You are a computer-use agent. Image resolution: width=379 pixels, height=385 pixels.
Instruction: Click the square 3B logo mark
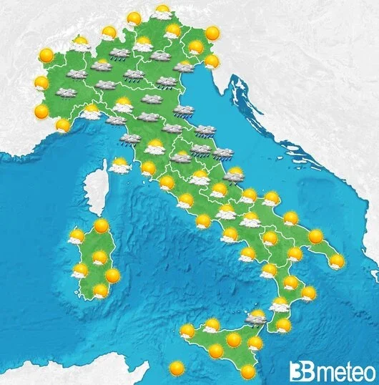pos(299,371)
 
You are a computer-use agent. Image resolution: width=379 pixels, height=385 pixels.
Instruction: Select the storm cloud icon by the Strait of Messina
pos(255,317)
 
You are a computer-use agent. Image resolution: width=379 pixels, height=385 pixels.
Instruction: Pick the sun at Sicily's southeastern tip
pos(247,371)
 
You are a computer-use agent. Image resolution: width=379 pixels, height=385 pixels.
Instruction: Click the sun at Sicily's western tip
pos(187,331)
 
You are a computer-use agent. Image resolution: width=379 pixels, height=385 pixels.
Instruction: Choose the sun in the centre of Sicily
pos(233,338)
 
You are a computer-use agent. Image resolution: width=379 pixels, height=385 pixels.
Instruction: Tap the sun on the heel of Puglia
pos(337,261)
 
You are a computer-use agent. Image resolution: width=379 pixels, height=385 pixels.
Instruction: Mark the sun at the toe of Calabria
pos(284,325)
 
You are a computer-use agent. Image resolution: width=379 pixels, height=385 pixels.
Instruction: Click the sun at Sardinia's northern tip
pos(101,226)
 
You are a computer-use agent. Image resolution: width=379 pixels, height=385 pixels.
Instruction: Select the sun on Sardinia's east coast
pos(112,275)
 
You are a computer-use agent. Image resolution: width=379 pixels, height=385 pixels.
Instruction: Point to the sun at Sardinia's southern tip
pos(101,291)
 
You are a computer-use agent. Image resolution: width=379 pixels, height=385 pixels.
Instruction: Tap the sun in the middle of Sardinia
pos(99,258)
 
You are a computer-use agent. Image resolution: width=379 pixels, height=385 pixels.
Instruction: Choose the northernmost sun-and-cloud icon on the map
pos(162,12)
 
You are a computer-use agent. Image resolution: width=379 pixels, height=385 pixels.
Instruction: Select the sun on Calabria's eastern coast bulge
pos(308,293)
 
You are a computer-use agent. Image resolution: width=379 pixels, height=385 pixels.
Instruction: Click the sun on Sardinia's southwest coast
pos(80,271)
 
